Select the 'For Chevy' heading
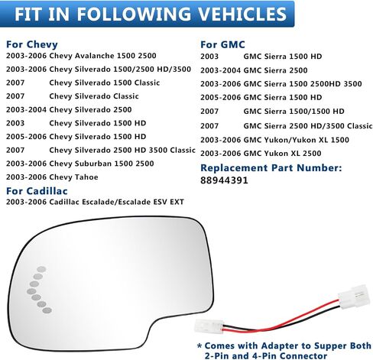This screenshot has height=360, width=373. [32, 44]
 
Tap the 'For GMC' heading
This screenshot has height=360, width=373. [222, 44]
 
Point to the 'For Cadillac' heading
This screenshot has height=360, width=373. [37, 191]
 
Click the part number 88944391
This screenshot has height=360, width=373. [224, 180]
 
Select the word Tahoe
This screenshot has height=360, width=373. [86, 177]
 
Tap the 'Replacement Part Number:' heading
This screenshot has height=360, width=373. [271, 168]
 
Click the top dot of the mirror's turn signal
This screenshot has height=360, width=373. [41, 269]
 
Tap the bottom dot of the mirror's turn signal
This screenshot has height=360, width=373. [47, 310]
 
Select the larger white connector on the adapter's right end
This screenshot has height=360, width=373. [354, 296]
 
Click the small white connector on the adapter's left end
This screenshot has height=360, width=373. [209, 326]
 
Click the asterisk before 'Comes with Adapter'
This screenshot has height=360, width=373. [199, 345]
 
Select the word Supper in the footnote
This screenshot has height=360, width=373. [329, 346]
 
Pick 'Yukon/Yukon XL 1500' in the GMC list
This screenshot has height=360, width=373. [297, 140]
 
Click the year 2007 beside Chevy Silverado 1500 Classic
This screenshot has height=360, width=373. [15, 83]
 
